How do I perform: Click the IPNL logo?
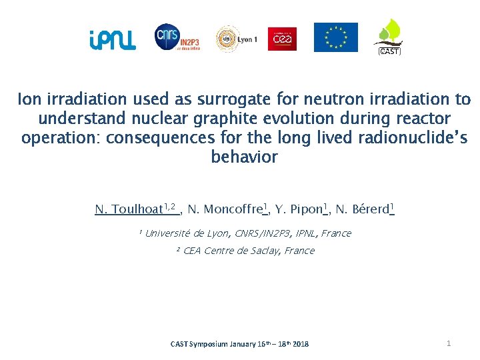pos(112,41)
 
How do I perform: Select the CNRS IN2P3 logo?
pos(177,38)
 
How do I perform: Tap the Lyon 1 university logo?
pos(237,39)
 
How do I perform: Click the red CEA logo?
pos(282,39)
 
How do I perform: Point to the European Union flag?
pos(336,37)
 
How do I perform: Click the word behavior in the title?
pos(244,157)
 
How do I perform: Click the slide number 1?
pos(449,343)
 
